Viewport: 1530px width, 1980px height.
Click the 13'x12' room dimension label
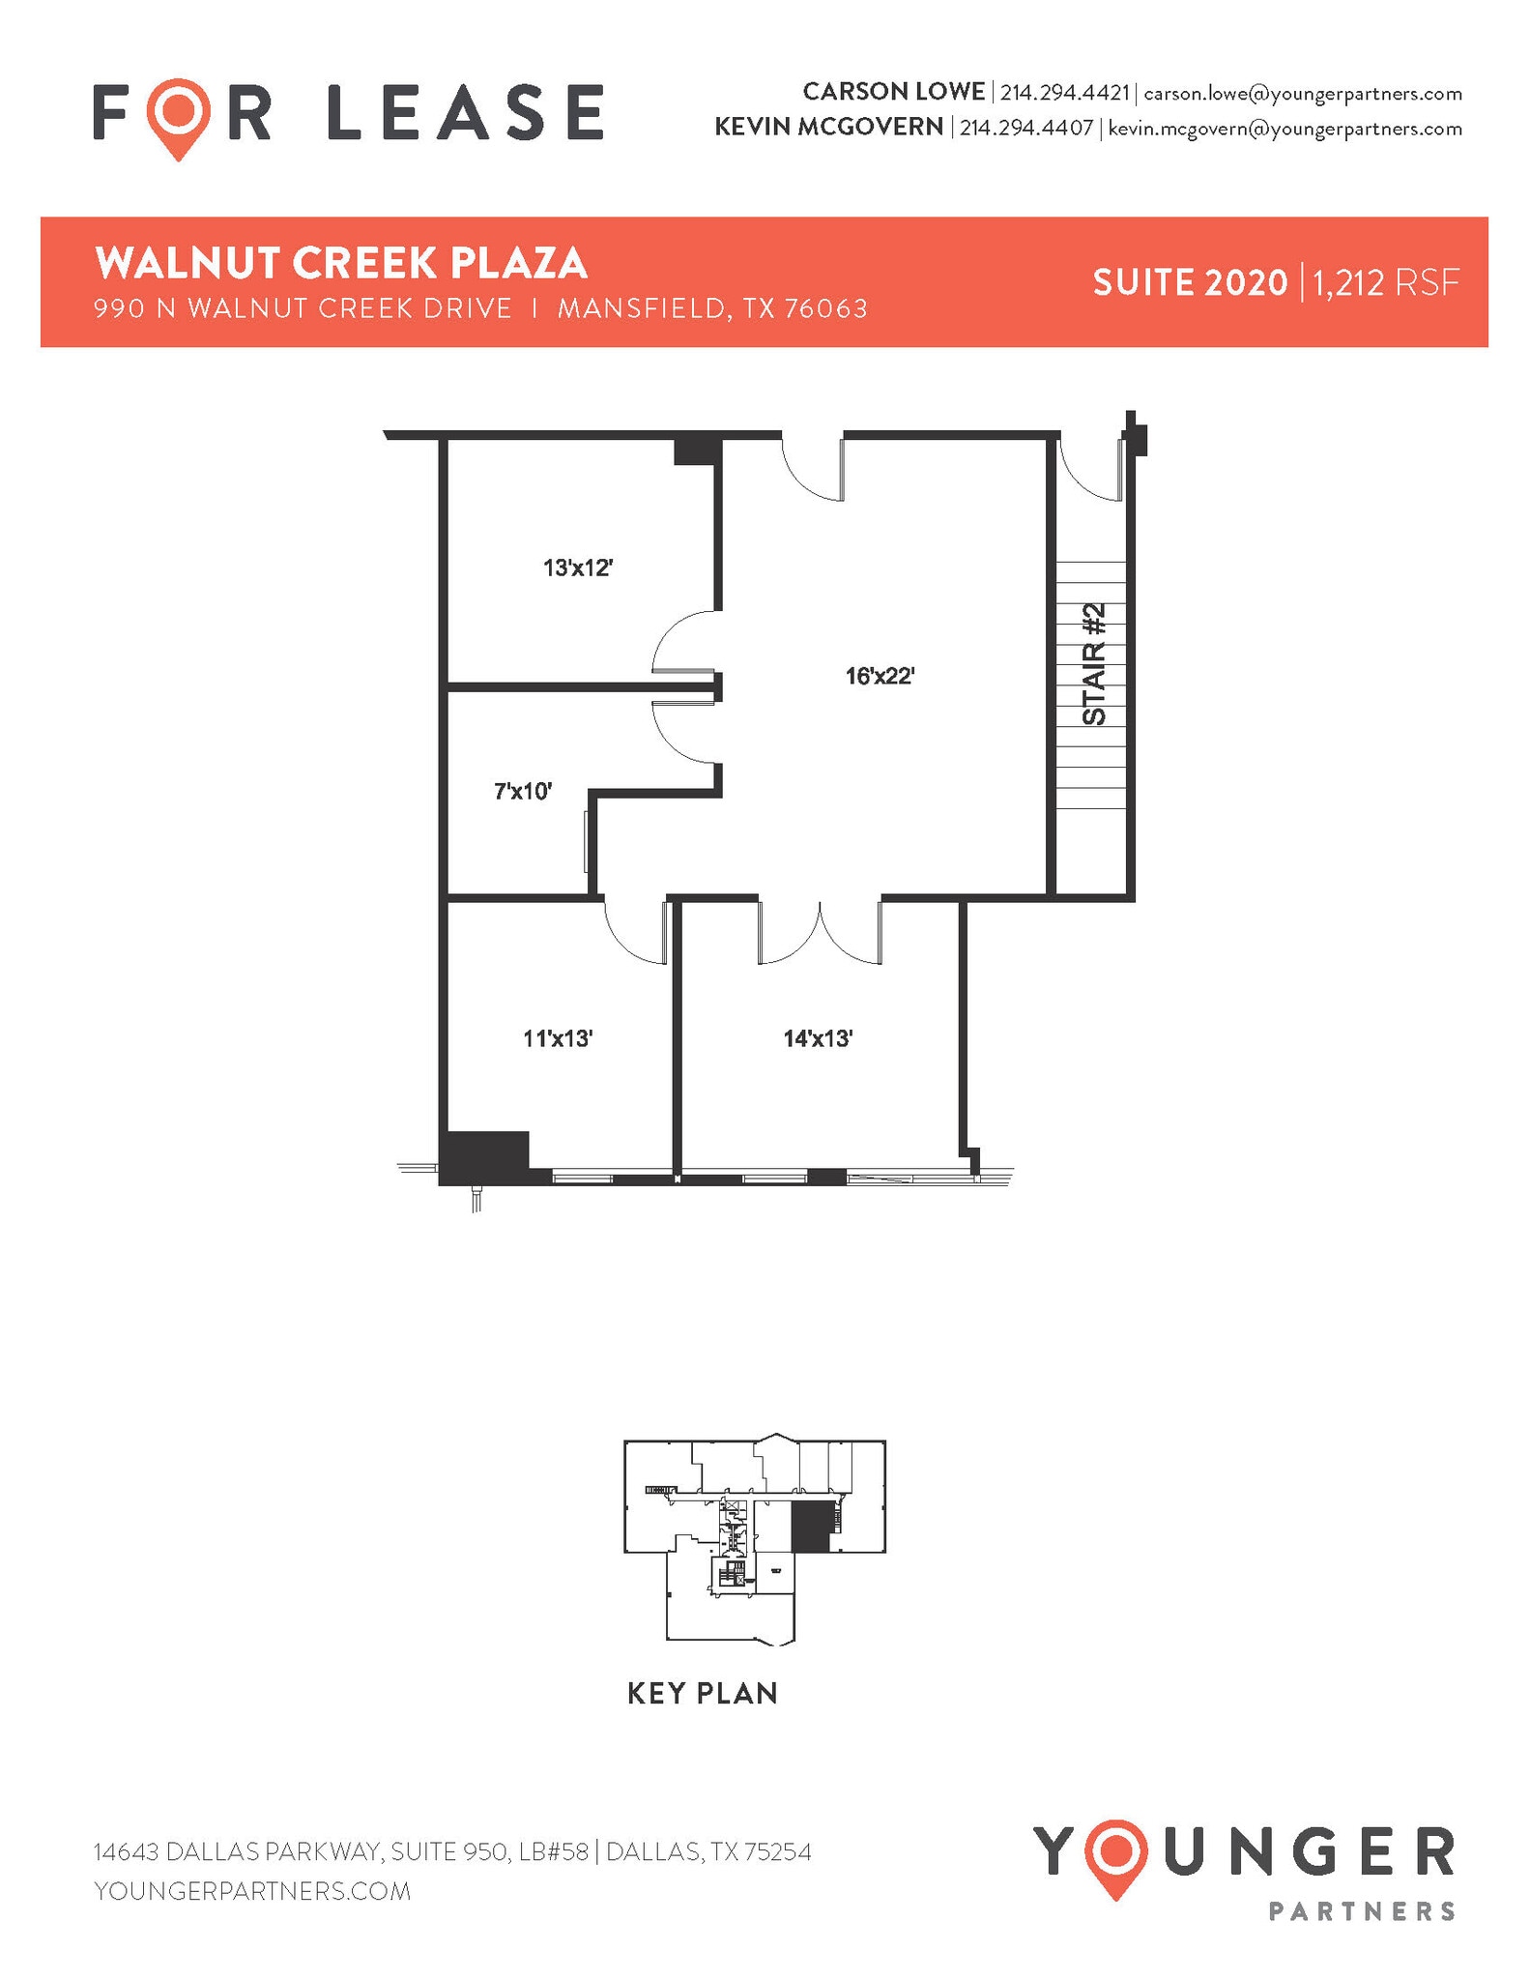tap(578, 568)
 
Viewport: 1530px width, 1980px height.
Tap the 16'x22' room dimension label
tap(880, 676)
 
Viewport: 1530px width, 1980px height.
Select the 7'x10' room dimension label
tap(523, 792)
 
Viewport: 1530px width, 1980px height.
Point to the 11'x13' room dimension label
tap(558, 1038)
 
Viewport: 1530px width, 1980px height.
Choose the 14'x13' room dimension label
tap(818, 1038)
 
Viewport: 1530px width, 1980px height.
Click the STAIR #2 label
tap(1094, 664)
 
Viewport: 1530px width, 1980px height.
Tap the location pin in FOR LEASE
tap(180, 116)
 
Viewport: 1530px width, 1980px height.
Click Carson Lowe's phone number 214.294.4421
tap(1064, 93)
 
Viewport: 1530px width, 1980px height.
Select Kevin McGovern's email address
tap(1285, 128)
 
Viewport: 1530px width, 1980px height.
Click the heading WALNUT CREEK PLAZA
tap(341, 262)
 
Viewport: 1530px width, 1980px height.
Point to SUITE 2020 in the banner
tap(1190, 282)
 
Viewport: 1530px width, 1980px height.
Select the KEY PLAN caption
tap(703, 1693)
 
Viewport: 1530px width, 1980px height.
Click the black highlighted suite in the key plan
tap(810, 1529)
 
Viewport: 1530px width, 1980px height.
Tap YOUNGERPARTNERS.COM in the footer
tap(252, 1890)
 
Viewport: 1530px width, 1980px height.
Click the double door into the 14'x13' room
tap(820, 934)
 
